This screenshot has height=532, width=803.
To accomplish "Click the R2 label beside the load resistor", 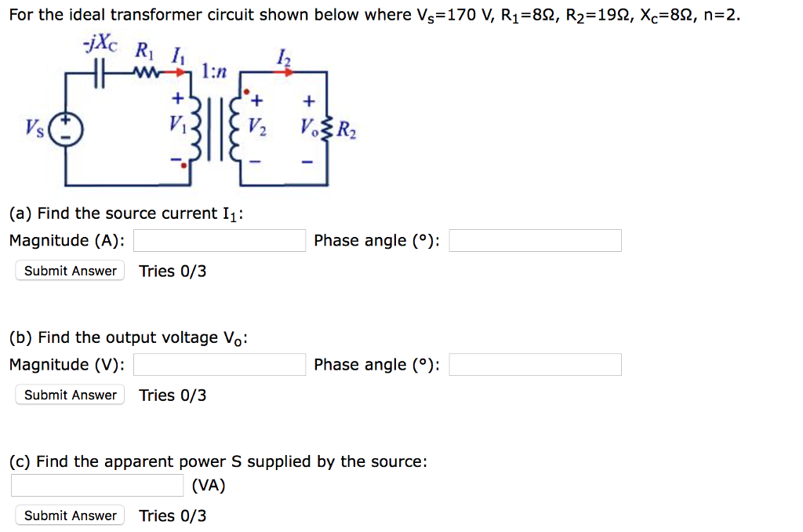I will click(x=349, y=132).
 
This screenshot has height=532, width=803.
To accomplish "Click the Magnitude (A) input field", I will click(x=219, y=241).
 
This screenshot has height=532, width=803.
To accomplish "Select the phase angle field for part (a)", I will click(x=535, y=241).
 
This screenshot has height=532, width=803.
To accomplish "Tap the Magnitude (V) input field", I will click(x=219, y=365).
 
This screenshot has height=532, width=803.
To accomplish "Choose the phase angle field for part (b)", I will click(x=535, y=365).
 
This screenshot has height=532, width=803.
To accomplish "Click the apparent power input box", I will click(x=97, y=486).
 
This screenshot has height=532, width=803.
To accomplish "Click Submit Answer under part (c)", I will click(x=70, y=516).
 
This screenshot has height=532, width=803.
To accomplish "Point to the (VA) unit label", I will click(x=209, y=486).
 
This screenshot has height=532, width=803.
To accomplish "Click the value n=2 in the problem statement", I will click(x=719, y=15).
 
